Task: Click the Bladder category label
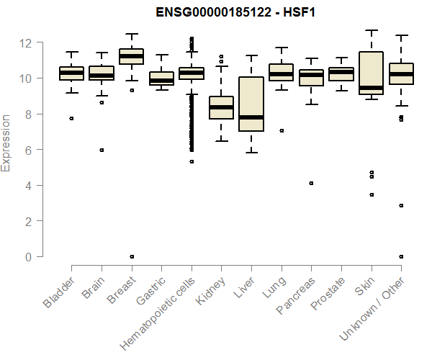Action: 59,294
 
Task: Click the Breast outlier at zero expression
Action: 132,256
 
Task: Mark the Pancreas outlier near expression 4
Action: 311,184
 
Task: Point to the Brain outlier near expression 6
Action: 102,150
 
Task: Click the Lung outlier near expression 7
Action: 281,131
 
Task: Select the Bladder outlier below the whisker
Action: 71,118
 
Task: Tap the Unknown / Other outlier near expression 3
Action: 401,206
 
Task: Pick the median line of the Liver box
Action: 251,117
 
